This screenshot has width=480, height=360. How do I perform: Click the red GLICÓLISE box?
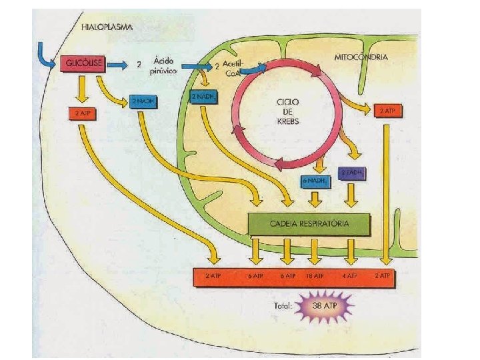point(81,64)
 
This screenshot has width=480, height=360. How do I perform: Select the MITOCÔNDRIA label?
point(361,57)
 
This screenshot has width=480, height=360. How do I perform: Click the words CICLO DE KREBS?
point(289,111)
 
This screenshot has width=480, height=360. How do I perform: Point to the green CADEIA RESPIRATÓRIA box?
point(309,223)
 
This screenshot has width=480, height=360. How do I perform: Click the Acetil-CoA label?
point(233,67)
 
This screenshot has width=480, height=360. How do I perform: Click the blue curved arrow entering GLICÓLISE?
point(49,59)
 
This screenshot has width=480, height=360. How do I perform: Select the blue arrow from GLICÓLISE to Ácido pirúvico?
point(117,65)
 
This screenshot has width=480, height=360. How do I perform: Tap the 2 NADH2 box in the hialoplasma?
point(143,101)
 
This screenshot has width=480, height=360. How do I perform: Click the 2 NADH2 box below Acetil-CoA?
point(203,97)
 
